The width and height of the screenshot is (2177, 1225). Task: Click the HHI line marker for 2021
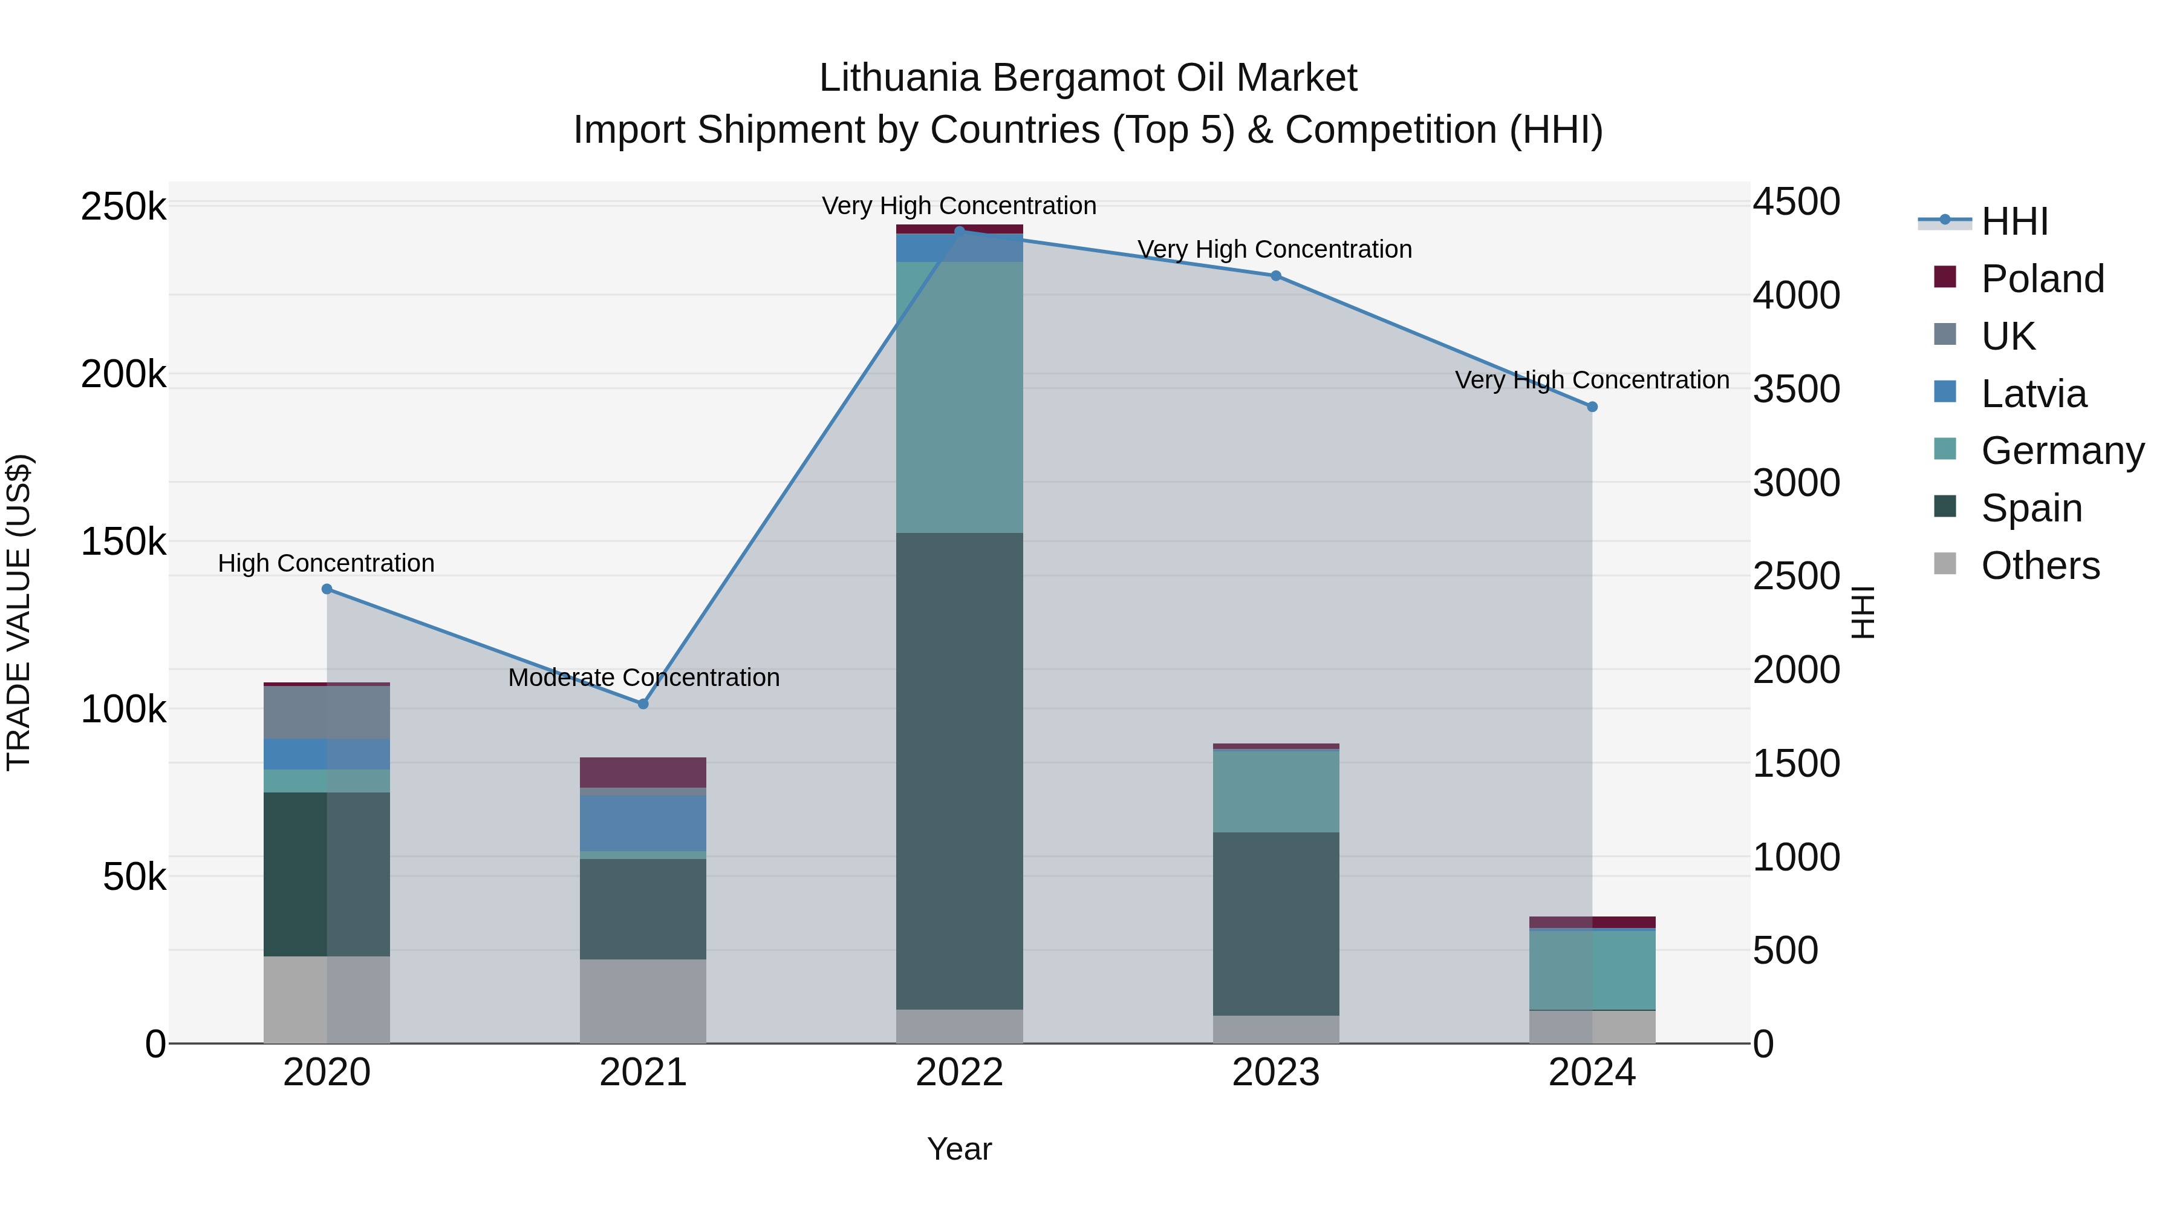(x=643, y=704)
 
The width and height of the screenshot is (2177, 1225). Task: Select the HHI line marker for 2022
(x=959, y=231)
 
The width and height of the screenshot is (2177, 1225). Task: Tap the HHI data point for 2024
(x=1592, y=407)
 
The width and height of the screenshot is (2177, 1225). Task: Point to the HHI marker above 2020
(x=327, y=589)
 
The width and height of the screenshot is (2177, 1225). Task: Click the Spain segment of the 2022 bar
(x=959, y=769)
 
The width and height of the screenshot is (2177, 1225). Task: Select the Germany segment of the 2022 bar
(x=959, y=397)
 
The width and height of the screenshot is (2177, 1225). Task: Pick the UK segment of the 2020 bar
(x=327, y=712)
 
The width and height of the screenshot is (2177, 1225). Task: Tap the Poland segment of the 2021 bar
(x=643, y=772)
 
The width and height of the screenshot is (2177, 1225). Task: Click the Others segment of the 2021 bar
(x=643, y=1001)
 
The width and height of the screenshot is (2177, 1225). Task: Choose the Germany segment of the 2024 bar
(x=1592, y=970)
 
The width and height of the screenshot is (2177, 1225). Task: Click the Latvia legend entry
(x=2032, y=394)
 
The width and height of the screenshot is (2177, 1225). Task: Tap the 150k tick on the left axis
(x=123, y=542)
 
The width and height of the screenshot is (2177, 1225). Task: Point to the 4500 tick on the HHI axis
(x=1796, y=202)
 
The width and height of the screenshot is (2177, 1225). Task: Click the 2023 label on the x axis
(x=1275, y=1073)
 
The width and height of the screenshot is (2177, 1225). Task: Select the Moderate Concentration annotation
(x=643, y=677)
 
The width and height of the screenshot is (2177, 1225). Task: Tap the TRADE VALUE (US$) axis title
(x=19, y=612)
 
